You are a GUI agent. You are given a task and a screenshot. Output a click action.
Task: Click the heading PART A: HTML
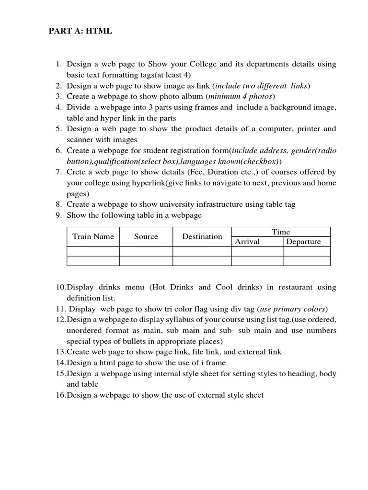click(x=80, y=31)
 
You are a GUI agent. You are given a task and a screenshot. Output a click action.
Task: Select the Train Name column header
click(x=93, y=236)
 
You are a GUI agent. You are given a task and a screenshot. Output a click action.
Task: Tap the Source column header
click(x=146, y=236)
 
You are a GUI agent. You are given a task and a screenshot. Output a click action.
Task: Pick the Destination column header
click(x=202, y=236)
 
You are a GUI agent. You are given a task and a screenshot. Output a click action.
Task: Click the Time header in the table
click(x=281, y=232)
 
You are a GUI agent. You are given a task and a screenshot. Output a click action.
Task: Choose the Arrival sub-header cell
click(x=247, y=242)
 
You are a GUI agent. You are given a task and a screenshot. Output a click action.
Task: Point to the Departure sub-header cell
click(x=303, y=242)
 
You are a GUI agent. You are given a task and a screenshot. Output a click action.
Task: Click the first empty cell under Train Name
click(x=93, y=251)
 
